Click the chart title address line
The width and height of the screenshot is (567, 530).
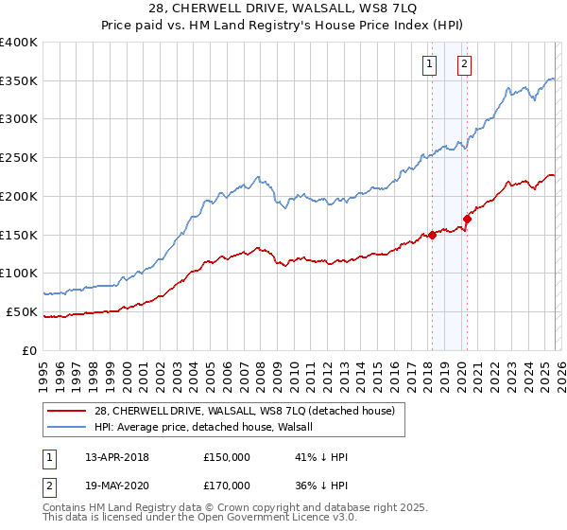click(x=283, y=9)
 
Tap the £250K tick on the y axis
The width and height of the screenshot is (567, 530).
click(x=19, y=157)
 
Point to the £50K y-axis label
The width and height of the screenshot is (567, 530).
click(x=22, y=311)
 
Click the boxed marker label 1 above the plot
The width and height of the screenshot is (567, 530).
click(x=429, y=64)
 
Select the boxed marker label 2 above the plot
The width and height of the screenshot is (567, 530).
click(x=465, y=64)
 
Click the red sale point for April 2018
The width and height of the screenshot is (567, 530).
click(x=432, y=235)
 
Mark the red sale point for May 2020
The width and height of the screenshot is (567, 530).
click(x=467, y=220)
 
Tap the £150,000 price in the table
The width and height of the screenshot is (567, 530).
click(x=225, y=457)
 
